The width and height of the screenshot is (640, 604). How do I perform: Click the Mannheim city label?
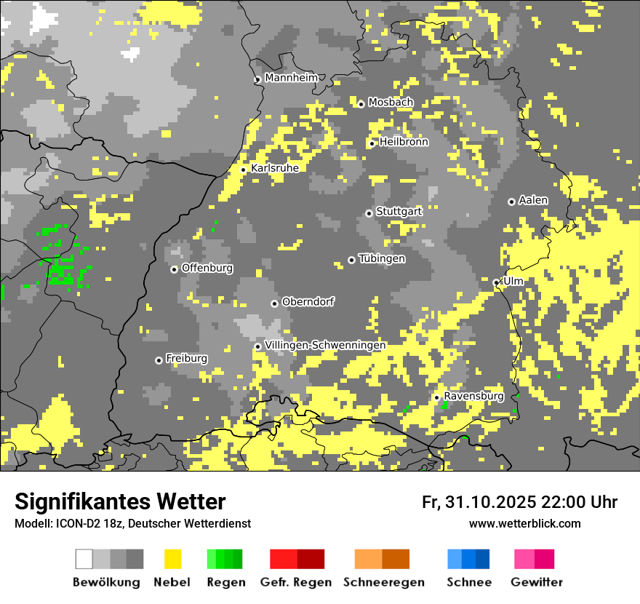(x=291, y=78)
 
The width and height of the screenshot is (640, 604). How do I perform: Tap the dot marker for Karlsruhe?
(x=244, y=170)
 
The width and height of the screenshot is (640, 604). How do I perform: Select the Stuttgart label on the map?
(x=399, y=212)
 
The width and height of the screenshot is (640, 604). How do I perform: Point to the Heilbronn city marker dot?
(x=372, y=143)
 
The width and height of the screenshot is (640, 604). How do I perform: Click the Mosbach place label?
(x=391, y=103)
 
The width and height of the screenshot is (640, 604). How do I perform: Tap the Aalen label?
(x=533, y=200)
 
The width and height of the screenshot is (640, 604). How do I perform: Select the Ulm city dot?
(x=497, y=282)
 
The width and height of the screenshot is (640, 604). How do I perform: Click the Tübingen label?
(x=382, y=259)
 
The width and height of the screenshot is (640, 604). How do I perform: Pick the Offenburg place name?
(x=207, y=268)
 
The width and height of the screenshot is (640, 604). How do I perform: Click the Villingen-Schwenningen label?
(x=325, y=345)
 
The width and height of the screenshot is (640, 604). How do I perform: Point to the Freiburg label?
(x=186, y=359)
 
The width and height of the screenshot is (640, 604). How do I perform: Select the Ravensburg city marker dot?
(x=436, y=397)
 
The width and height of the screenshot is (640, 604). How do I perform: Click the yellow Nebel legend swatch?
(x=172, y=559)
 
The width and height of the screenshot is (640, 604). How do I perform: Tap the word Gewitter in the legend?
(x=537, y=582)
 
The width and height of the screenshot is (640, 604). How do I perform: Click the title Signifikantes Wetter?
(x=120, y=501)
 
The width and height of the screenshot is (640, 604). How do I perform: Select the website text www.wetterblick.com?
(x=524, y=524)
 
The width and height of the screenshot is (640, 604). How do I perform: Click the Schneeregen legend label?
(x=384, y=582)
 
